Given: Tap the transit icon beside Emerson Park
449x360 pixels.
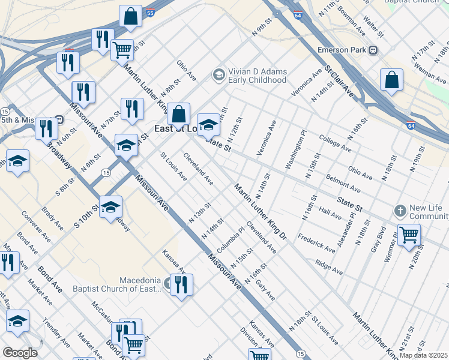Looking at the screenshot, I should (x=373, y=50).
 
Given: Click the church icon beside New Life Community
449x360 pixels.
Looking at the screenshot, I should (x=400, y=211).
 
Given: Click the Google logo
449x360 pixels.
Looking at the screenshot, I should (x=19, y=353).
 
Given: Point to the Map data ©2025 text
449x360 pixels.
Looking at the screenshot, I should (x=423, y=355).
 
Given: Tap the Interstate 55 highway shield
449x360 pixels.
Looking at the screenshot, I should (x=150, y=12).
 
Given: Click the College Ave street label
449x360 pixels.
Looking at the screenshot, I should (x=336, y=143).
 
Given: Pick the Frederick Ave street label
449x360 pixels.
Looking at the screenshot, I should (x=316, y=242).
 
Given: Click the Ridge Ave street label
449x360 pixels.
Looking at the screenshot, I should (x=328, y=268).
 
